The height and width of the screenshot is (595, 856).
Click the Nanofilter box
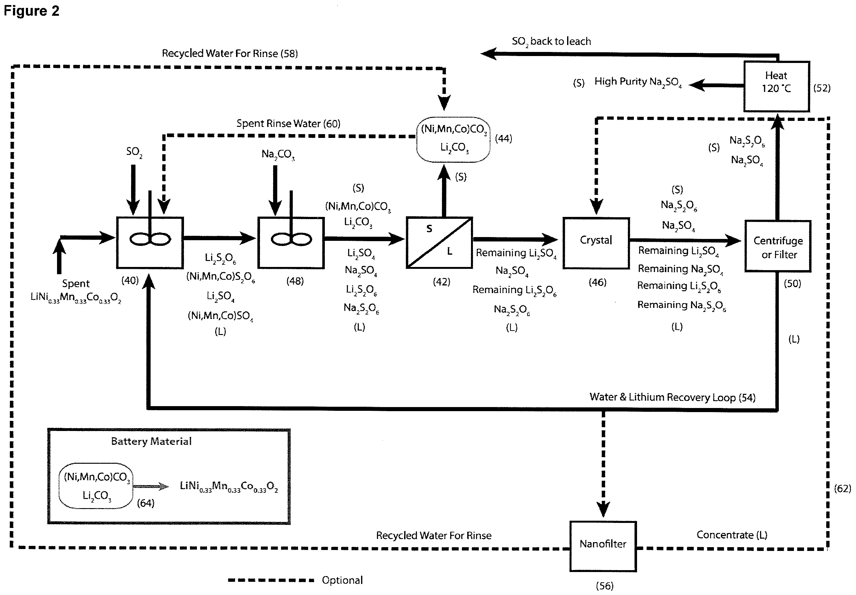602,546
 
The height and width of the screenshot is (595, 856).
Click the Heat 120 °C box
776,86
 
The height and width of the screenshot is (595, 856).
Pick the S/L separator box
439,242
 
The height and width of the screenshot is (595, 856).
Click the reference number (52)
822,88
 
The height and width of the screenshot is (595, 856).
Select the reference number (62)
842,489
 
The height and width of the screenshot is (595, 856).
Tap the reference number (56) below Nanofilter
604,586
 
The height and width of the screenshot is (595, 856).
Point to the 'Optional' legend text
342,580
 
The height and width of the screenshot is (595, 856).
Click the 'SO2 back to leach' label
551,41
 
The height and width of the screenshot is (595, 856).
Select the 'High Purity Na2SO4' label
638,82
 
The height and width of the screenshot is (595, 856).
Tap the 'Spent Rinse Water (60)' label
288,124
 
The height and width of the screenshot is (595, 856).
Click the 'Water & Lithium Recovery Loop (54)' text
672,397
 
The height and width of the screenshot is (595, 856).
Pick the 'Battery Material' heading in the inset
151,441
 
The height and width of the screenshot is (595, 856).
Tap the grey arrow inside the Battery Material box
151,486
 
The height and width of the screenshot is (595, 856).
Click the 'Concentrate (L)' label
732,535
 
